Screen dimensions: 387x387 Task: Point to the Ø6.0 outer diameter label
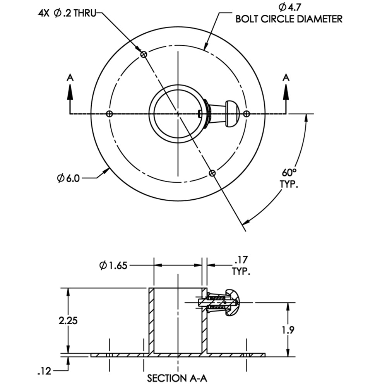point(69,178)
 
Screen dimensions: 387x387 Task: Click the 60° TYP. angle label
point(289,178)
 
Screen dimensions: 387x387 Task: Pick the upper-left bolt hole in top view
point(144,55)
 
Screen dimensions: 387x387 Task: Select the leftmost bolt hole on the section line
point(110,114)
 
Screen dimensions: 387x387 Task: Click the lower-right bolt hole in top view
point(212,173)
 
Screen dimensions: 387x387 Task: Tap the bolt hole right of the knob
point(246,114)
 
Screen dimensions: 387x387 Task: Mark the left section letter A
point(70,78)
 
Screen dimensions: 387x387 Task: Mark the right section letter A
point(286,78)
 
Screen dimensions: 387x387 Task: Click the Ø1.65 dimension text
point(114,265)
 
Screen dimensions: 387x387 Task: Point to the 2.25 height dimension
point(68,321)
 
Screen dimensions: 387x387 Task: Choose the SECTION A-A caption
point(178,378)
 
